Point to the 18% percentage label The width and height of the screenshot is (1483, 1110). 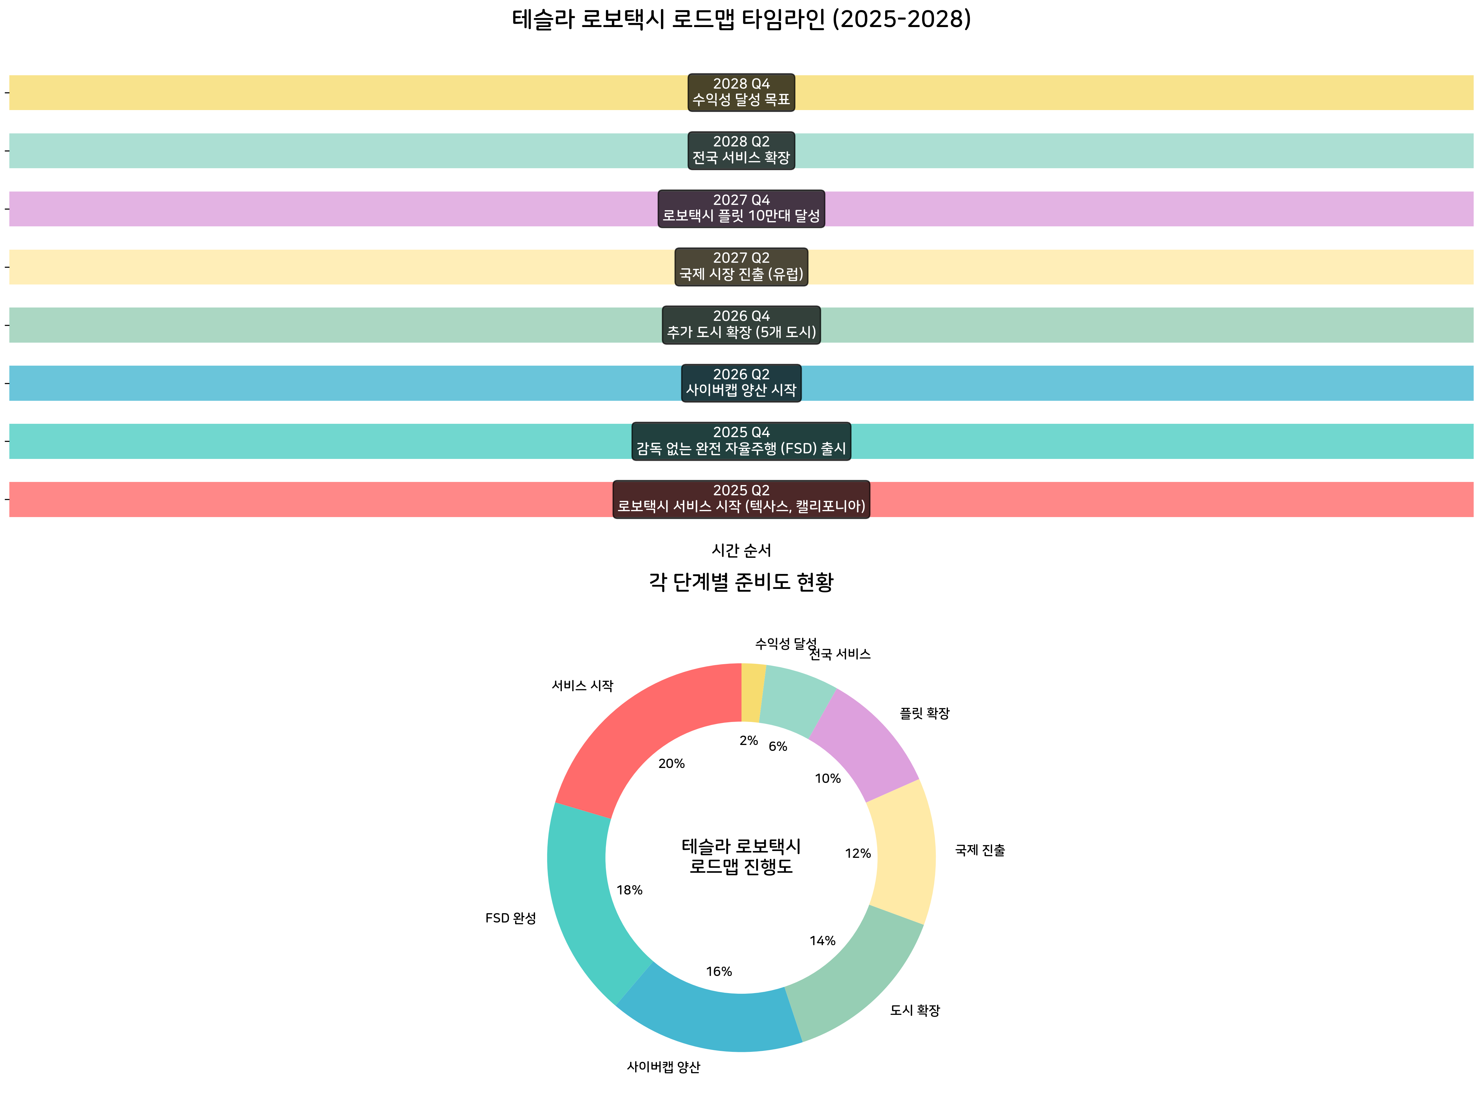(x=630, y=890)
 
